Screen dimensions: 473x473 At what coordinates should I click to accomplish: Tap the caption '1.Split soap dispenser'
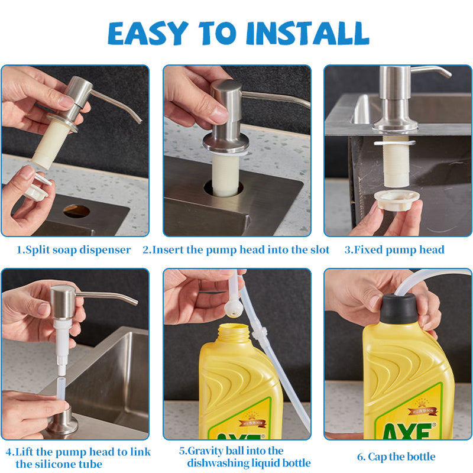[73, 250]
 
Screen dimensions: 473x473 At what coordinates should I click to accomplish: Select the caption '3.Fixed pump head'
[394, 250]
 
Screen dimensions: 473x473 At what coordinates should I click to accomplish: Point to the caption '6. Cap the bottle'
[396, 456]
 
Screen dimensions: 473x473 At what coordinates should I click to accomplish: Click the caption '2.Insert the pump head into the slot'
[236, 250]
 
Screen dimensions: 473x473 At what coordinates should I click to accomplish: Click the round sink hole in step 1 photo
[76, 211]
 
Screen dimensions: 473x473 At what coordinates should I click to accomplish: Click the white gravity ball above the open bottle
[234, 308]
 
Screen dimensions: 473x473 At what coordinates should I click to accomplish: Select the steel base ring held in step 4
[61, 422]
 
